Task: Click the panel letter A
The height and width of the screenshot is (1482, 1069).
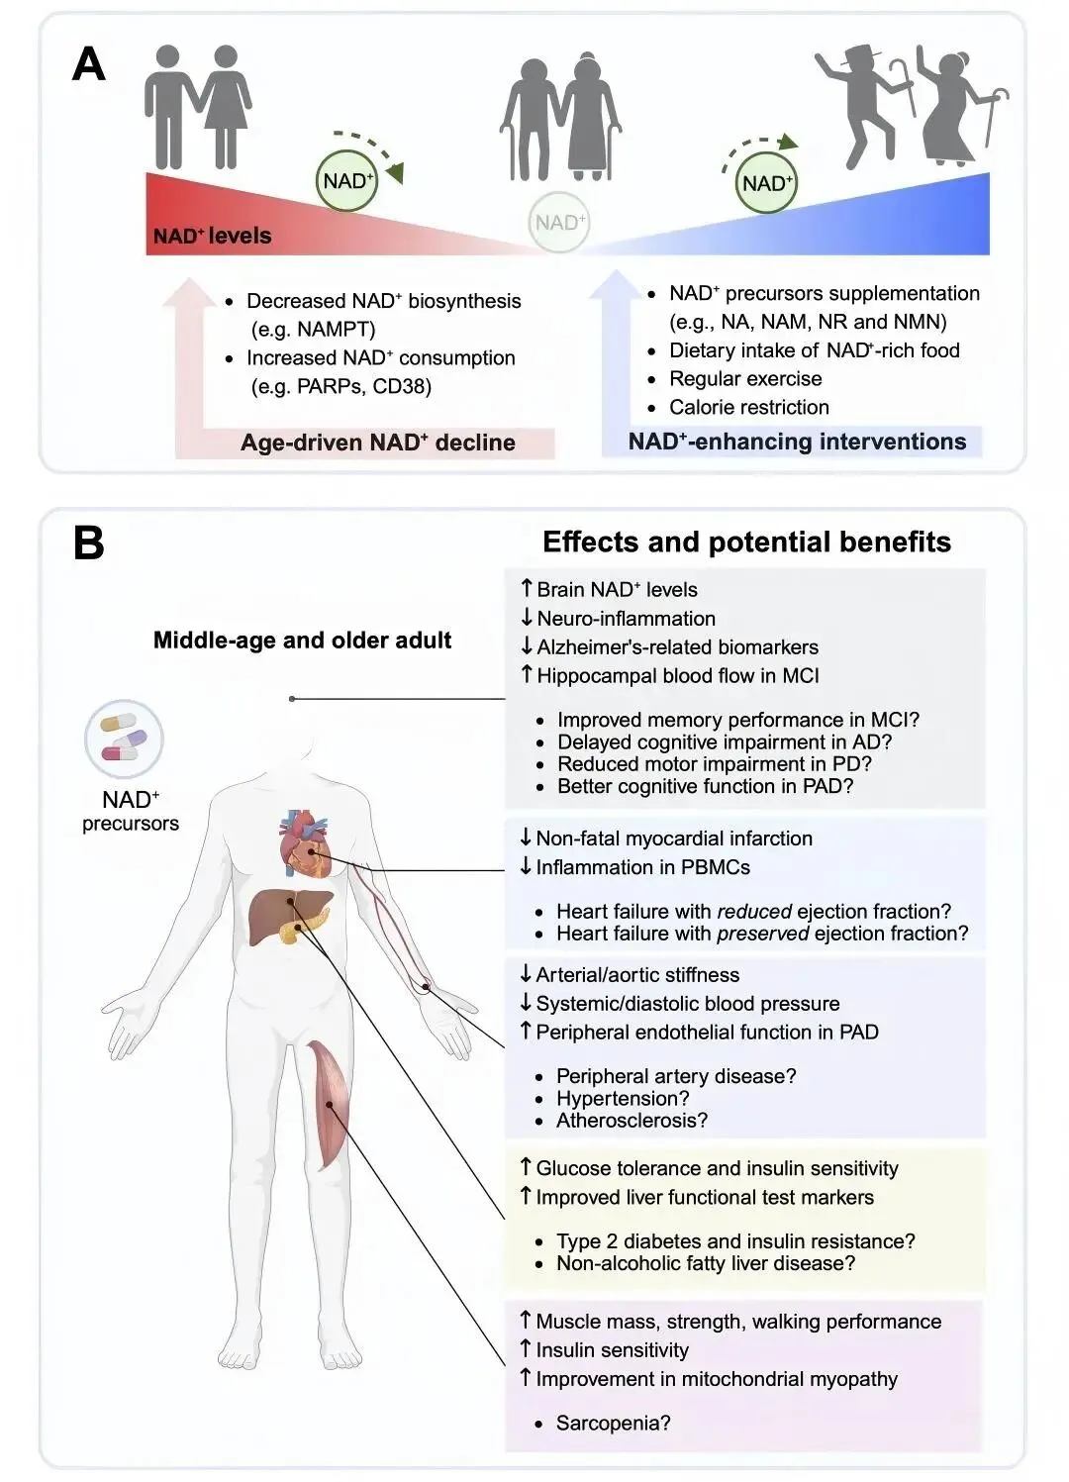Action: tap(89, 65)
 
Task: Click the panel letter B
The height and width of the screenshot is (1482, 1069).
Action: tap(89, 543)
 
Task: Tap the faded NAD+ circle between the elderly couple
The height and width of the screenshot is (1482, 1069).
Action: tap(559, 223)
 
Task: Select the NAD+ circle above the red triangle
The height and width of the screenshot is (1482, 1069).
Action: tap(347, 181)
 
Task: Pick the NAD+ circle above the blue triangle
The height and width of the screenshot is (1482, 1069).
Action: tap(767, 183)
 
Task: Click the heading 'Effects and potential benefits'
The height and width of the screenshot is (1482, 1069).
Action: tap(746, 543)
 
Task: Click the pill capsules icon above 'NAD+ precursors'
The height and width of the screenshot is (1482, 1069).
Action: tap(124, 739)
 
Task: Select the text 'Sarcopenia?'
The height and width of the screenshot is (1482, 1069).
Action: tap(613, 1424)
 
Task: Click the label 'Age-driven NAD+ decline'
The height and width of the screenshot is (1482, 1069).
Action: tap(377, 443)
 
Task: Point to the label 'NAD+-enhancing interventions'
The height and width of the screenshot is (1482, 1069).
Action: tap(797, 442)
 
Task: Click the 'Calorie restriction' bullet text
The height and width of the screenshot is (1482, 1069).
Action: tap(748, 407)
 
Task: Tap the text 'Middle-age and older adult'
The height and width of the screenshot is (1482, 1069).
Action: tap(302, 641)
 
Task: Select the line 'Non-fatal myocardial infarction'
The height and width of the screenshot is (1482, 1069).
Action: tap(673, 839)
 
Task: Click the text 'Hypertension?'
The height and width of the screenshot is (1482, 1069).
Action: tap(622, 1099)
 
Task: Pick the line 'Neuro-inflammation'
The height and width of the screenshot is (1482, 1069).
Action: tap(626, 619)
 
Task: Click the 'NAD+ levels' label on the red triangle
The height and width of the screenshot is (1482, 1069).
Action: tap(212, 236)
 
